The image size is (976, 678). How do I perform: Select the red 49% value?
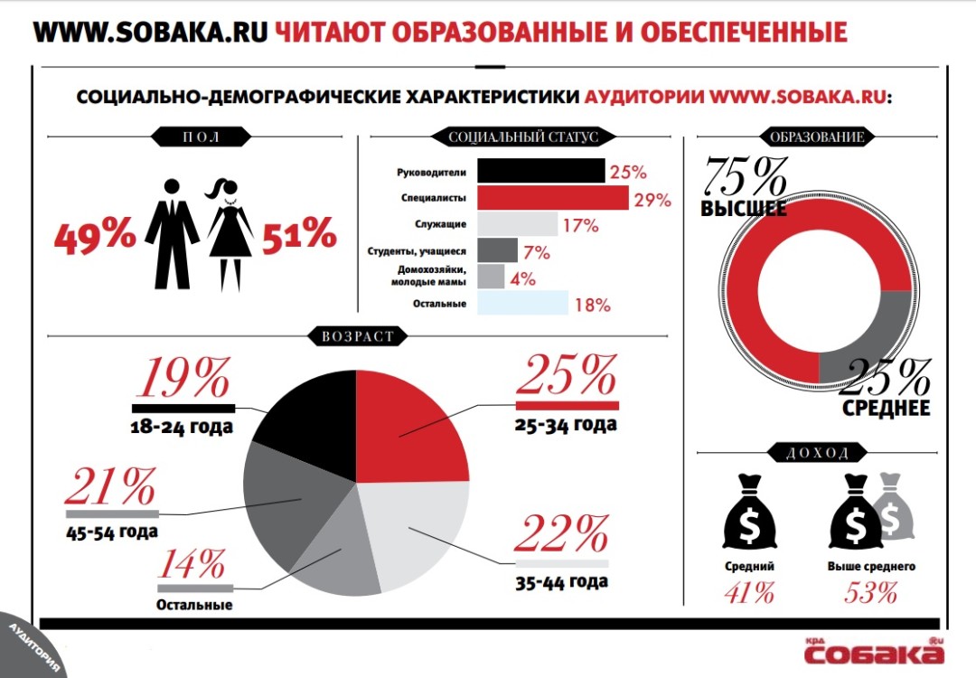94,236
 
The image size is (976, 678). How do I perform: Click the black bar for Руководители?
540,171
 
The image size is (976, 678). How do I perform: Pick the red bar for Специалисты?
552,197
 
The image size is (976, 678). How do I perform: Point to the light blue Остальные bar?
522,303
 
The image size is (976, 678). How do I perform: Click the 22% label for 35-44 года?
562,534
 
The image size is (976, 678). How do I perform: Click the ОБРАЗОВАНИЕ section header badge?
815,137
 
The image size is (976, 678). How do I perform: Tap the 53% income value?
871,593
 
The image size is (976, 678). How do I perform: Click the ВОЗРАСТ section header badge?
357,336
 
